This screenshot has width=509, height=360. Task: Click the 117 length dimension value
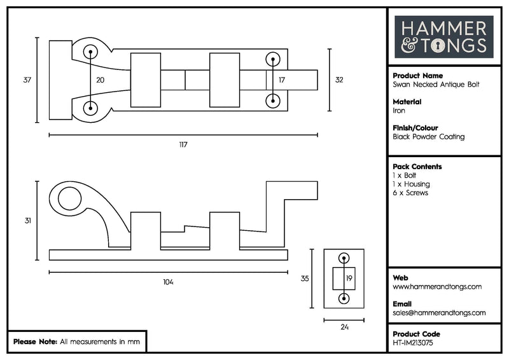[183, 145]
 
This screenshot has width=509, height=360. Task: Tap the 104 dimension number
[168, 282]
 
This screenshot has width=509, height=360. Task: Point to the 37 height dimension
[27, 80]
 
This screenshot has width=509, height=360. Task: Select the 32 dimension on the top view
[339, 80]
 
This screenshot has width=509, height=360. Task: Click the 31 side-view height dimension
[27, 221]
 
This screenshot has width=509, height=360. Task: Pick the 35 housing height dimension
[305, 278]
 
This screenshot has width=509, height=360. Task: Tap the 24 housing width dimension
[344, 329]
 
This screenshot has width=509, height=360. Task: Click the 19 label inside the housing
[349, 278]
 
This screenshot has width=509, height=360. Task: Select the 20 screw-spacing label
[100, 80]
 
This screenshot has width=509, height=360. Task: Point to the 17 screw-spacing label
[281, 80]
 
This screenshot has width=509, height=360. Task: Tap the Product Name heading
[418, 75]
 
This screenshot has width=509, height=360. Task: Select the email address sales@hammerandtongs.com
[439, 312]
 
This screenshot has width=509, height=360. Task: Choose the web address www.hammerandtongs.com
[437, 287]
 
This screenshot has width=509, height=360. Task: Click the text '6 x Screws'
[410, 193]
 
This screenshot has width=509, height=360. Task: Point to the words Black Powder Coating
[429, 137]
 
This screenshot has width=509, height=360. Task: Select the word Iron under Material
[399, 110]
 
